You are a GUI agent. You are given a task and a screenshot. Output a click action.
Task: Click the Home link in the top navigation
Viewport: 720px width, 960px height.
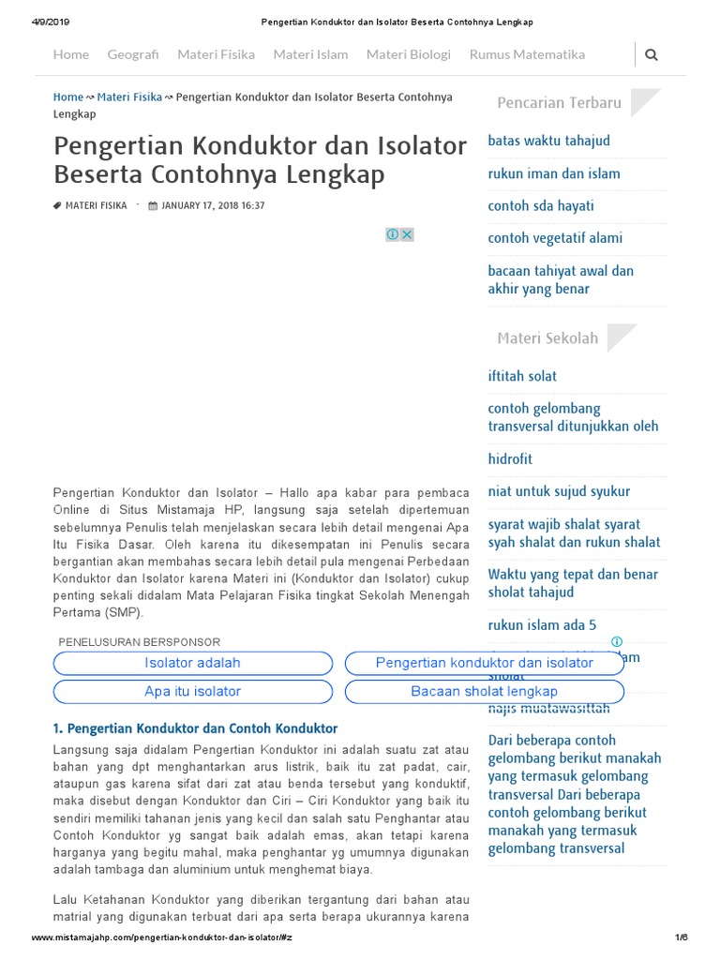tap(71, 54)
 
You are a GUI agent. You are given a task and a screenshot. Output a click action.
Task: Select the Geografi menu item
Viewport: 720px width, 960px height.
tap(133, 54)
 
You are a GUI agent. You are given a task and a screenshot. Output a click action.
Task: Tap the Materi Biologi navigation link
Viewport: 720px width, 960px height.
tap(408, 54)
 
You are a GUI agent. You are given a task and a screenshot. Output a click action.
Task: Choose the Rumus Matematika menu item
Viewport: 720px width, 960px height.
tap(527, 54)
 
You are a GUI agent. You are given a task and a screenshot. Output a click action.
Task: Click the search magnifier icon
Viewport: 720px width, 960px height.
tap(652, 54)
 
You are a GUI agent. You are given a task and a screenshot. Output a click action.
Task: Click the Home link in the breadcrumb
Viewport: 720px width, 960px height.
tap(68, 97)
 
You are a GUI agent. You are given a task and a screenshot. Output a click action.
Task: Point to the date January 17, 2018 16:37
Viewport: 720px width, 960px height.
tap(212, 205)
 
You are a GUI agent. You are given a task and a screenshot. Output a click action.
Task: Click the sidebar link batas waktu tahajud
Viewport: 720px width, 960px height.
tap(548, 141)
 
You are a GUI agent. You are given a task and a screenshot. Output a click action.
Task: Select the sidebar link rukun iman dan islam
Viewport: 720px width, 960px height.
tap(553, 173)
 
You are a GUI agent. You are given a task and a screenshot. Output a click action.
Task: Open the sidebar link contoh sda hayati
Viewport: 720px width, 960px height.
tap(541, 205)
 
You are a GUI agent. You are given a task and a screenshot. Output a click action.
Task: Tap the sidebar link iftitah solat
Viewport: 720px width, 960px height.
tap(522, 376)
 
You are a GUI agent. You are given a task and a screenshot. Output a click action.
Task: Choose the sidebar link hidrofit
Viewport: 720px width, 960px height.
tap(510, 458)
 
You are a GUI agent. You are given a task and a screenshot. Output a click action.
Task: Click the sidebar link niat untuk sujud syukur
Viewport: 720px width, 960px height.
tap(559, 491)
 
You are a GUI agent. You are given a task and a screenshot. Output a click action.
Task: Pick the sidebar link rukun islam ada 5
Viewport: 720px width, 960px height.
tap(542, 625)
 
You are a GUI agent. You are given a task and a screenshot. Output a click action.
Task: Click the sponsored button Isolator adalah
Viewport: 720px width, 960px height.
tap(192, 663)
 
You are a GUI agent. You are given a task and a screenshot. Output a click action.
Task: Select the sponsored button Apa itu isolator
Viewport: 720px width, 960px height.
tap(192, 691)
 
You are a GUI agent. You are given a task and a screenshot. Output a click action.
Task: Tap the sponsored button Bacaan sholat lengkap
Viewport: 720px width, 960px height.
tap(484, 691)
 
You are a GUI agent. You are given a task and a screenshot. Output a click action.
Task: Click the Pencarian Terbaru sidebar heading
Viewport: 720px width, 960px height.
tap(559, 102)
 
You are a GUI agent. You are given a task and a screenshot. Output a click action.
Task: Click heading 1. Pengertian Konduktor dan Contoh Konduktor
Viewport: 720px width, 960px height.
tap(195, 728)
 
